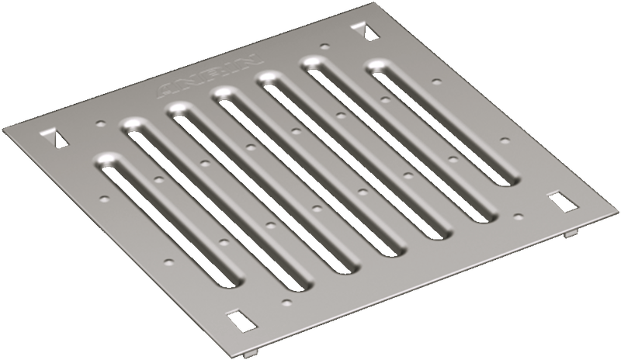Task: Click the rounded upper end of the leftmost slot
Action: coord(109,161)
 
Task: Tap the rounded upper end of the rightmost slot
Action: coord(378,67)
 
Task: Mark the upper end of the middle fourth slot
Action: coord(226,95)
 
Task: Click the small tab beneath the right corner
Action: coord(571,233)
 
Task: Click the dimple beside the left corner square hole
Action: coord(99,123)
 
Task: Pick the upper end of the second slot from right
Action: coord(314,63)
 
